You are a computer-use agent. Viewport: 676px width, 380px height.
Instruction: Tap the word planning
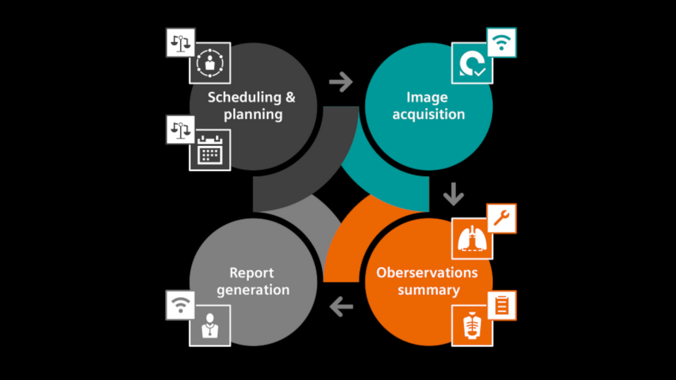click(x=253, y=115)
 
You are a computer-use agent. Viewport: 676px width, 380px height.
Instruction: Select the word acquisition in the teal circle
click(x=429, y=115)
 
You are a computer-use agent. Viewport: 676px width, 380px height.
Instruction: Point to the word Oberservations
click(x=427, y=273)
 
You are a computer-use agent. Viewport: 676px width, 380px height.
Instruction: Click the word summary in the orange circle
click(x=429, y=290)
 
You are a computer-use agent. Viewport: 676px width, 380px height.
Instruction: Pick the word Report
click(x=252, y=273)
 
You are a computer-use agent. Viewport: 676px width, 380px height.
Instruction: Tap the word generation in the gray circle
click(x=253, y=290)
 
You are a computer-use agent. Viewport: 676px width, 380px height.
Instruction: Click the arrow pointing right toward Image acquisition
click(x=341, y=82)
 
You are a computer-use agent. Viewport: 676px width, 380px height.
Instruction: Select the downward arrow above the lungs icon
click(x=453, y=194)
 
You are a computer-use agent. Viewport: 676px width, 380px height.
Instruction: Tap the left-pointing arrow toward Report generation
click(x=341, y=307)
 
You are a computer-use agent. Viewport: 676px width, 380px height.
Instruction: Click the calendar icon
click(x=210, y=150)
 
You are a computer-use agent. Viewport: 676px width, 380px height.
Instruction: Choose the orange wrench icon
click(x=501, y=218)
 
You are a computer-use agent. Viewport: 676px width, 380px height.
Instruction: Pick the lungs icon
click(x=472, y=239)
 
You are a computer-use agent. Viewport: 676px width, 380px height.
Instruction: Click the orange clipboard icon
click(x=501, y=305)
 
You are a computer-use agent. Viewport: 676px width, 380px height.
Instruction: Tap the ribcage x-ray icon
click(x=472, y=326)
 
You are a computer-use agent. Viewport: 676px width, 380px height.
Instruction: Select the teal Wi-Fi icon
click(x=501, y=42)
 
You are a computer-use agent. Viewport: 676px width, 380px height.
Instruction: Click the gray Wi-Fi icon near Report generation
click(x=181, y=305)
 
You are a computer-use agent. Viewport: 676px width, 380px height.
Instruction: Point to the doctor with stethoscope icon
click(x=210, y=326)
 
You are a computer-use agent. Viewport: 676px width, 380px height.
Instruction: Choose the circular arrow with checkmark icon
click(x=472, y=63)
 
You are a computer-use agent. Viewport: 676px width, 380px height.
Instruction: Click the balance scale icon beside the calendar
click(x=181, y=130)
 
